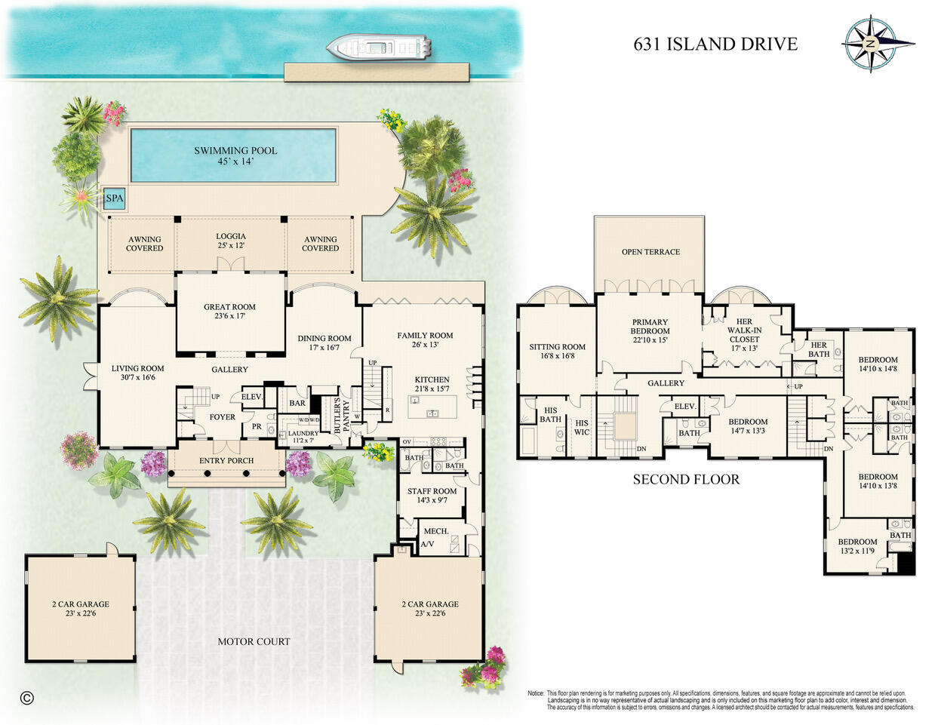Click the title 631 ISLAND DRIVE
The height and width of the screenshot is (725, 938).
pos(715,44)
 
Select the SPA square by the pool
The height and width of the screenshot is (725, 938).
pos(114,199)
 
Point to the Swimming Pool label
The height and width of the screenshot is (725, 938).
pos(235,155)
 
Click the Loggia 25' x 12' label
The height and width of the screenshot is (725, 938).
pos(231,241)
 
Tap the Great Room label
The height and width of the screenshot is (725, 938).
pos(229,312)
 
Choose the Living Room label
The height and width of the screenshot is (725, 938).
pos(137,373)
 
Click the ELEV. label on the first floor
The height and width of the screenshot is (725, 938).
pos(251,397)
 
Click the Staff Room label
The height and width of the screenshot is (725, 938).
pos(432,495)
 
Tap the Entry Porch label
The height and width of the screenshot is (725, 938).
pos(226,460)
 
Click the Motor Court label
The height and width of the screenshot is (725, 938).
pos(254,642)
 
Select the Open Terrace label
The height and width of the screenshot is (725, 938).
pos(650,252)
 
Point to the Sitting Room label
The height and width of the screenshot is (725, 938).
pos(557,351)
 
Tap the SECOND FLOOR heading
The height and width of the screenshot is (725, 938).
pos(685,479)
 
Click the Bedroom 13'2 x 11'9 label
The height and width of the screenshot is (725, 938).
pos(857,546)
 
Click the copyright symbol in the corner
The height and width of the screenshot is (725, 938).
pos(27,697)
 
